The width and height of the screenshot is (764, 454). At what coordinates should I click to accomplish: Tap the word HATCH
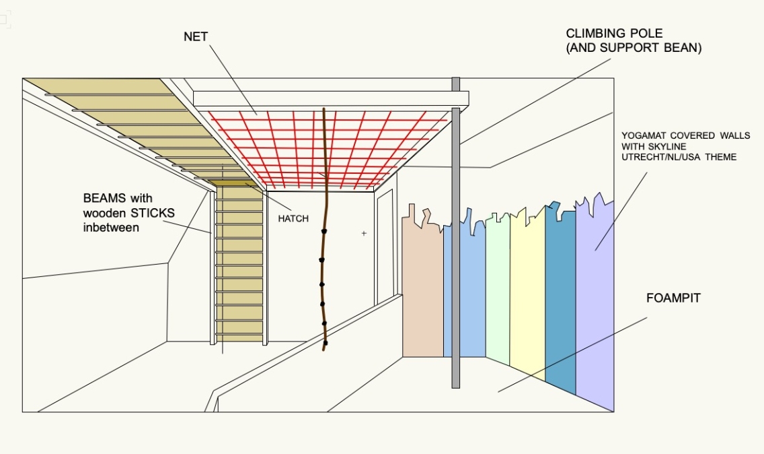(x=293, y=219)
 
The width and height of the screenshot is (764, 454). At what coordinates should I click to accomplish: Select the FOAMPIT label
(x=673, y=298)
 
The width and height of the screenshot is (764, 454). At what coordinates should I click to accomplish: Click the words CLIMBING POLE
(x=614, y=34)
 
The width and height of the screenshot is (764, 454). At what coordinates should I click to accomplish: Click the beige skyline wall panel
(x=422, y=290)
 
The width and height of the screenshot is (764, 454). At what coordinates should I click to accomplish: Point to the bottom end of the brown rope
(x=326, y=348)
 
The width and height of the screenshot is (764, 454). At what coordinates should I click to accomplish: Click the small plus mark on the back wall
(x=364, y=234)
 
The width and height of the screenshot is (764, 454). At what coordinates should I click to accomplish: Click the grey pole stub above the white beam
(x=455, y=84)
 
